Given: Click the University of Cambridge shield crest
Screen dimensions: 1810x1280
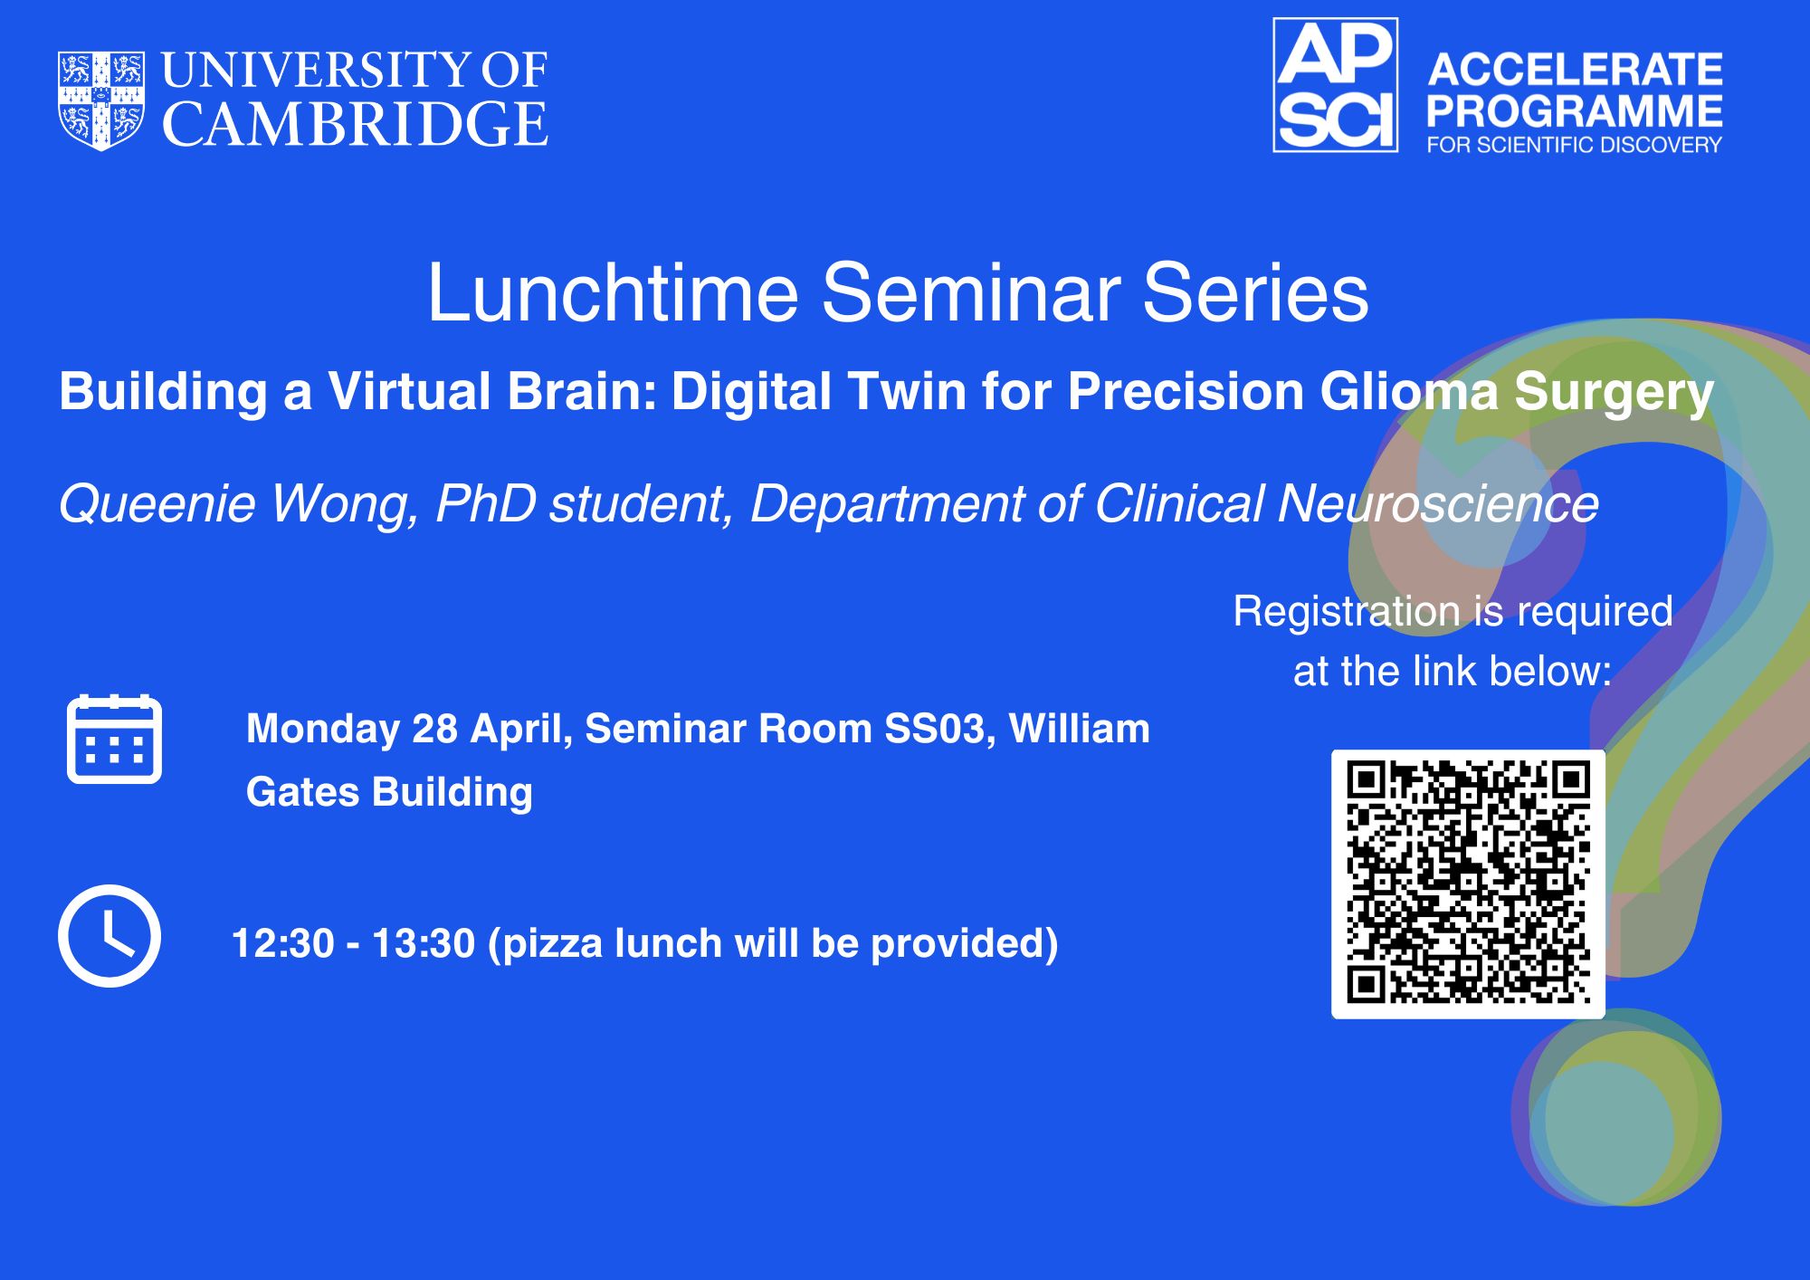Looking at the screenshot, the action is (101, 100).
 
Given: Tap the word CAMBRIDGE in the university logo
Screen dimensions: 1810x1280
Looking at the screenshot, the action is (355, 124).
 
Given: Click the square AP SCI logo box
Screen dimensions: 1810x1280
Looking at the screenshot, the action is (1336, 85).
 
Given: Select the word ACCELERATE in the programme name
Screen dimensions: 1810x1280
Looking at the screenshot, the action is (1575, 70).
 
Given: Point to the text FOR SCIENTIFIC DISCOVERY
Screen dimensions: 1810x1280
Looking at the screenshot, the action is (1575, 145).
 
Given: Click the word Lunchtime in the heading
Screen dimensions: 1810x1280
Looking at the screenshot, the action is (613, 292).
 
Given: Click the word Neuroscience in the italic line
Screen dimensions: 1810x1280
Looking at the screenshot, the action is (1438, 503).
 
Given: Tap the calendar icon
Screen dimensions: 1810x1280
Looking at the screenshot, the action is (114, 739).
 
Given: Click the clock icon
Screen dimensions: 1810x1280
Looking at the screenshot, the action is (110, 935).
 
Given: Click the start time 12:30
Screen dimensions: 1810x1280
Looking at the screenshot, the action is (283, 943).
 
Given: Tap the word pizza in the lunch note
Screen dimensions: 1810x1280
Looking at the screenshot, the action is (552, 944).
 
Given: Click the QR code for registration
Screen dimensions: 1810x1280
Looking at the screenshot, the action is (1468, 884).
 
